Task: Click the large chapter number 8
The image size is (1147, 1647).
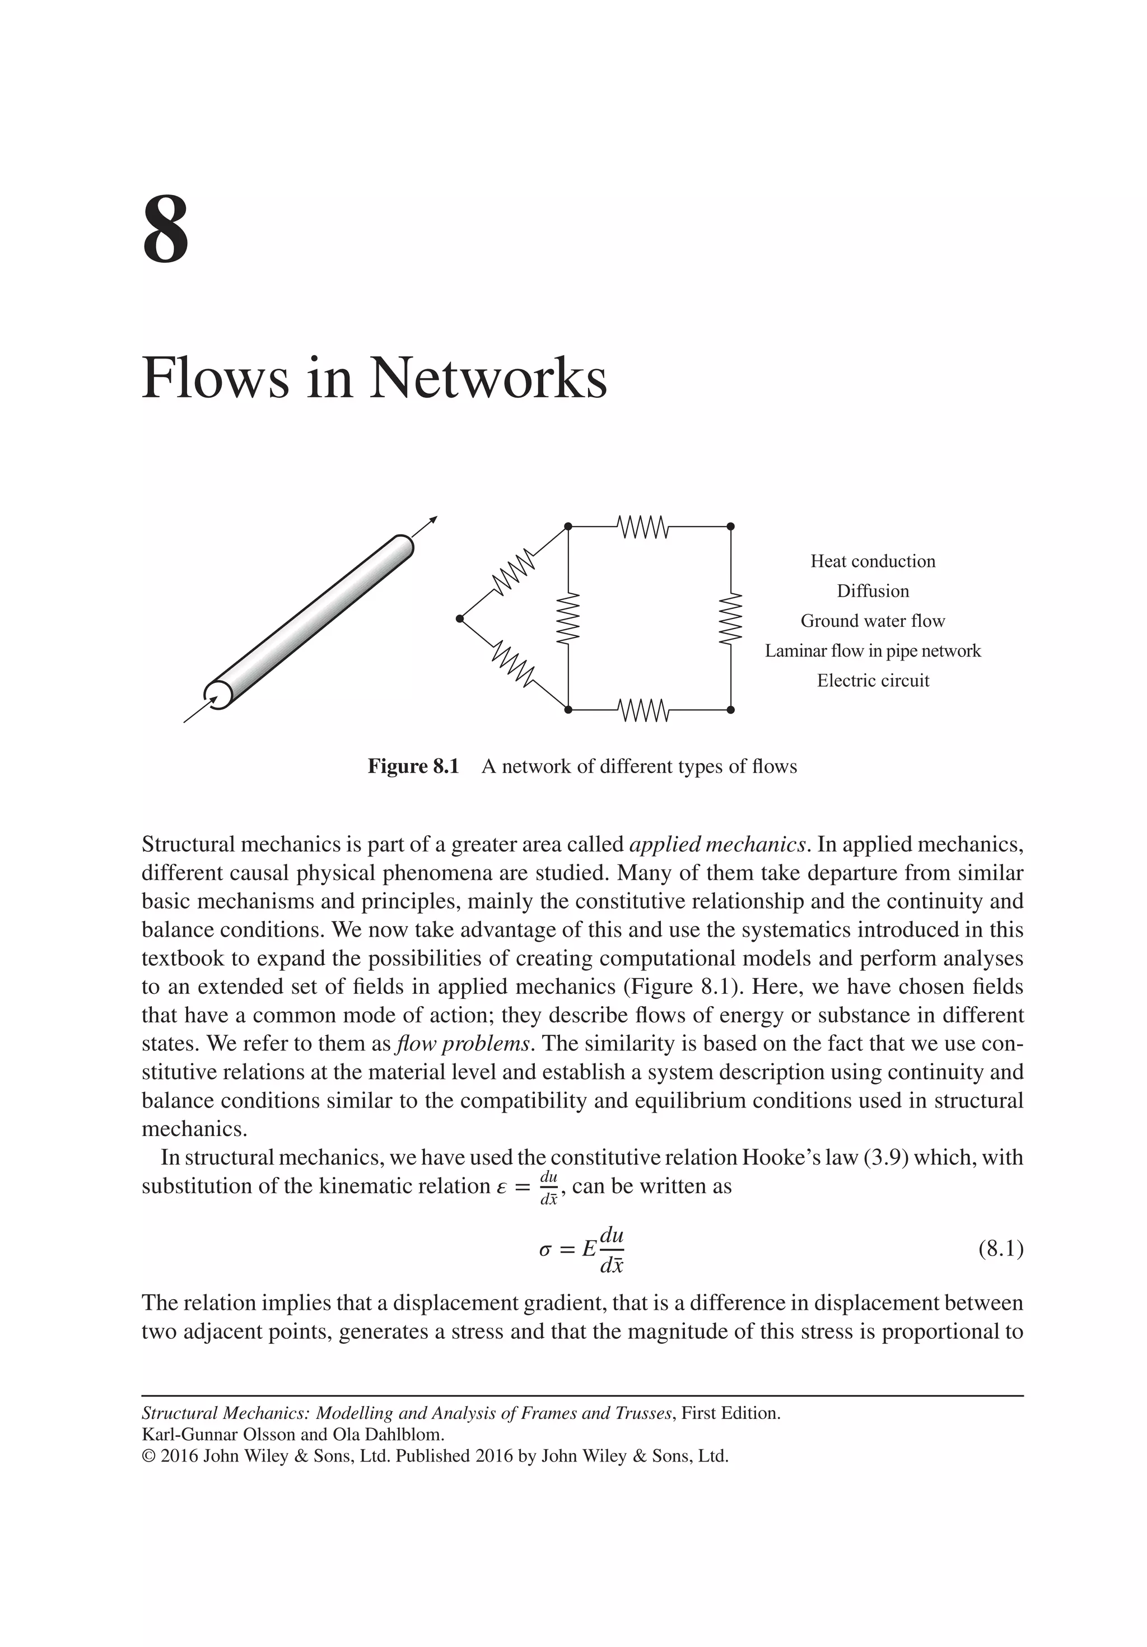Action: pyautogui.click(x=166, y=230)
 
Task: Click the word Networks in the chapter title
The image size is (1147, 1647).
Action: pyautogui.click(x=488, y=378)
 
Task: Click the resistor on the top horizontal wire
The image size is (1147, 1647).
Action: pyautogui.click(x=644, y=527)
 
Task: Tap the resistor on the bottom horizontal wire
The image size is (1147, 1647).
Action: pyautogui.click(x=644, y=710)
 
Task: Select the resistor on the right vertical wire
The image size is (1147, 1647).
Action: pyautogui.click(x=730, y=618)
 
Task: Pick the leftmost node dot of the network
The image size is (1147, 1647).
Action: pyautogui.click(x=460, y=618)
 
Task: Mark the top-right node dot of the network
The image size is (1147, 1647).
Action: pyautogui.click(x=730, y=527)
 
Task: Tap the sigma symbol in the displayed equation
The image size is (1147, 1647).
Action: pyautogui.click(x=545, y=1250)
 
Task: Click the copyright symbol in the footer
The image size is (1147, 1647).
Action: pyautogui.click(x=148, y=1456)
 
